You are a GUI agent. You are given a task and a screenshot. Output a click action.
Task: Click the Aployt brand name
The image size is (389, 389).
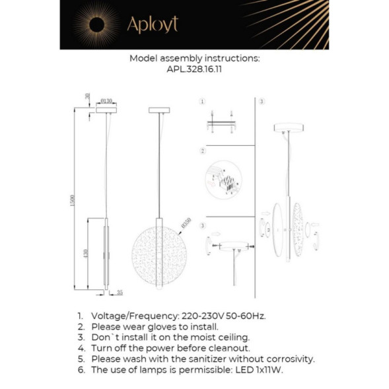pyautogui.click(x=153, y=25)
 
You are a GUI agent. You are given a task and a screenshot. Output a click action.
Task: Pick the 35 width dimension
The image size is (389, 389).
pyautogui.click(x=119, y=291)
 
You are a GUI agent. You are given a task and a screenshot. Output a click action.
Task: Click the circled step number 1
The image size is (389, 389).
pyautogui.click(x=203, y=102)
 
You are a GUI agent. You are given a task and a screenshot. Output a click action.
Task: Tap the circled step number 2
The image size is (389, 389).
pyautogui.click(x=203, y=151)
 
